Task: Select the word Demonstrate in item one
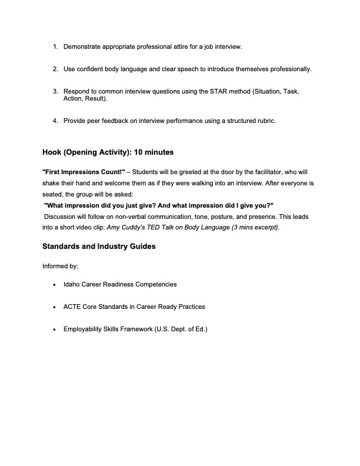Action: [83, 46]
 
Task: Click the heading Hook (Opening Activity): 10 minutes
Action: [108, 152]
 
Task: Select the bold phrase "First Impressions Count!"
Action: [84, 172]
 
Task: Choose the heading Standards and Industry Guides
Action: [99, 247]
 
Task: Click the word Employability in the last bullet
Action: [84, 329]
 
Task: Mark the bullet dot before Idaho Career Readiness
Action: [55, 285]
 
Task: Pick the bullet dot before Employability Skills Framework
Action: [55, 330]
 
